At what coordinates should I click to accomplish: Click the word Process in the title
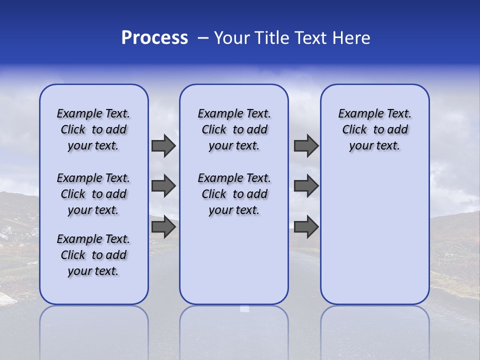pos(154,38)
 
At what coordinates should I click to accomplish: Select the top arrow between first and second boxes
pos(163,146)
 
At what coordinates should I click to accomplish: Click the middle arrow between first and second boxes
pos(163,186)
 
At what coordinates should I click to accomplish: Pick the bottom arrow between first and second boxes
pos(163,227)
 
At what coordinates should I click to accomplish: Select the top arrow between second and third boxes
pos(306,146)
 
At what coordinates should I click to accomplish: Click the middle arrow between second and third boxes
pos(306,186)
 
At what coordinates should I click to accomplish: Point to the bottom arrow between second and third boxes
pos(306,227)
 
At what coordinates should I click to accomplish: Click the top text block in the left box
pos(93,129)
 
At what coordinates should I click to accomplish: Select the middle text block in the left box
pos(93,194)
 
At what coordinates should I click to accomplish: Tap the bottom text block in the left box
pos(93,255)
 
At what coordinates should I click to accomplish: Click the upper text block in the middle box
pos(234,129)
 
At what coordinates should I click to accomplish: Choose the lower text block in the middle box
pos(234,194)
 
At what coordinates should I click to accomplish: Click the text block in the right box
pos(375,129)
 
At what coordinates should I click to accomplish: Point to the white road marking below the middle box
pos(244,308)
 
